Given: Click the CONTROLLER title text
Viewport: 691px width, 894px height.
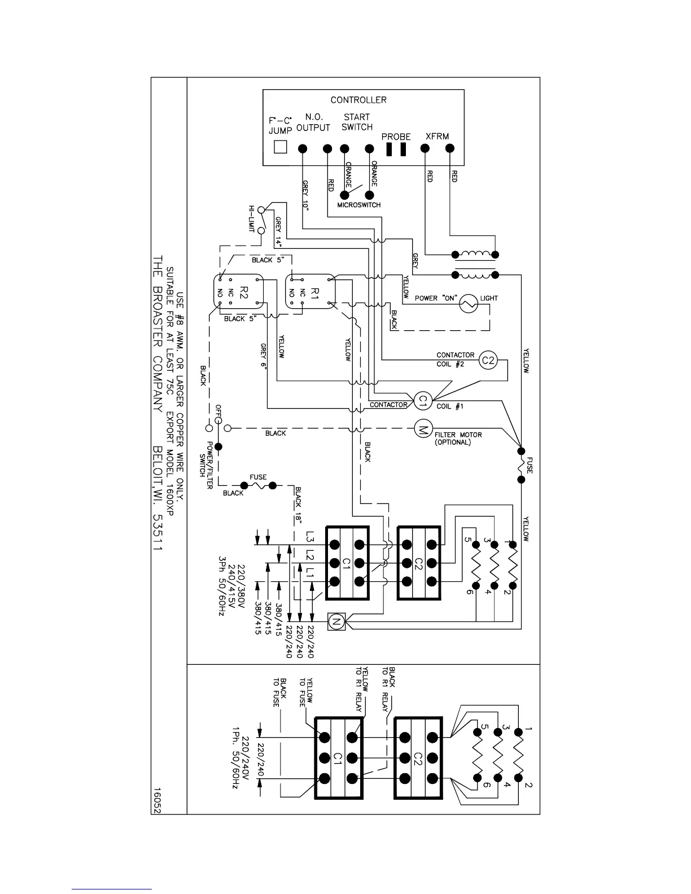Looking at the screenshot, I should point(358,100).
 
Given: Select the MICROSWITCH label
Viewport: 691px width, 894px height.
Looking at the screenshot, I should point(359,205).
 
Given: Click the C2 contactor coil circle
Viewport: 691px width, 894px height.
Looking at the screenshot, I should point(488,360).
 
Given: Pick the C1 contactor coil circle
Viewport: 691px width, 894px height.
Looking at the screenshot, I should point(422,401).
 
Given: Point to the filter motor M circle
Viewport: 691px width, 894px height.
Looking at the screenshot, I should point(422,429).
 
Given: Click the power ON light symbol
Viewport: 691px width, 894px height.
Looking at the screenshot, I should point(469,304).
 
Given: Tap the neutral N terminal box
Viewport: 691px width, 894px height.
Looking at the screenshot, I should point(336,623).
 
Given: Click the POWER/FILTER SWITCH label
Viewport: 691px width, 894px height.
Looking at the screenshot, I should point(206,459).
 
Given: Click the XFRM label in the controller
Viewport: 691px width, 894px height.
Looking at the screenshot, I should point(437,136).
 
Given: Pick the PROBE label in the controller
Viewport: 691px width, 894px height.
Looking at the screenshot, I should point(396,137).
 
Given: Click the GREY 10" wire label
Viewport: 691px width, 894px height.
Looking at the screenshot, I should point(305,195).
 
